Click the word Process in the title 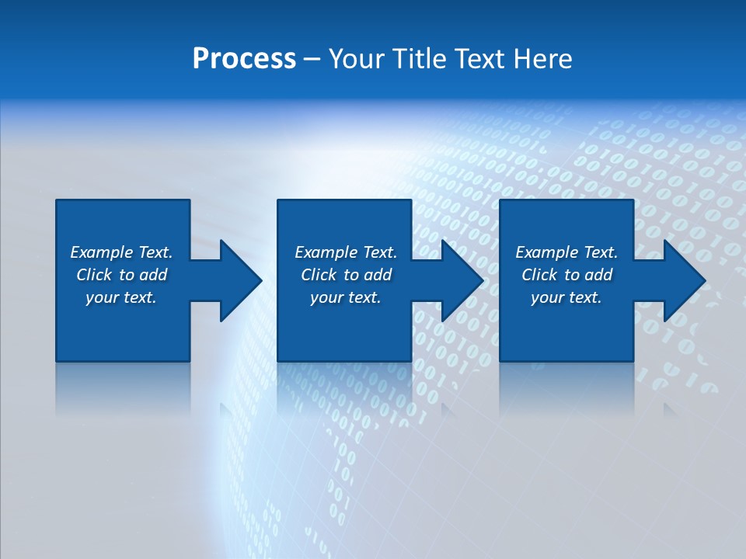(244, 59)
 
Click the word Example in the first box (102, 252)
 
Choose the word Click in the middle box (318, 275)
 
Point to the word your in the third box (548, 298)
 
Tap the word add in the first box (153, 275)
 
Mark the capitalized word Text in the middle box (380, 252)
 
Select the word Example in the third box (547, 252)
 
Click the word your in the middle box (327, 298)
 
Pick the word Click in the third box (539, 275)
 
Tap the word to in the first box (127, 275)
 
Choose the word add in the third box (598, 275)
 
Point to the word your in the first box (103, 298)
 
